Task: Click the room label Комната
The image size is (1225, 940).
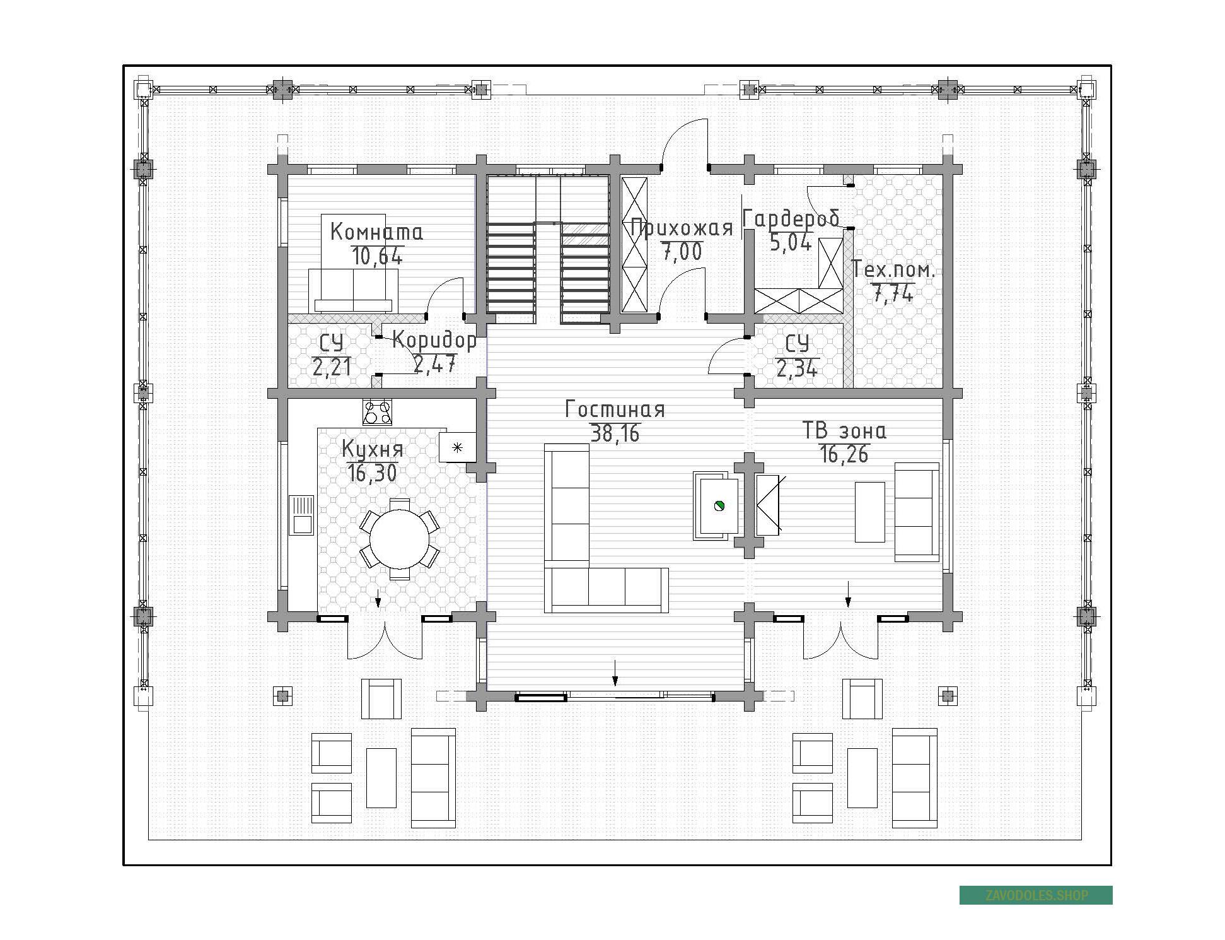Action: pyautogui.click(x=376, y=232)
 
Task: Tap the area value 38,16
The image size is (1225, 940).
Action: pyautogui.click(x=615, y=433)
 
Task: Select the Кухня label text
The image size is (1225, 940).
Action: pyautogui.click(x=372, y=449)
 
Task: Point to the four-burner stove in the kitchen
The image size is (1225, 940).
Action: pyautogui.click(x=377, y=412)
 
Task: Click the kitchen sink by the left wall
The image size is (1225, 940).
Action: pyautogui.click(x=301, y=515)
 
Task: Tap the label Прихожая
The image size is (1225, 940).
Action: pyautogui.click(x=682, y=227)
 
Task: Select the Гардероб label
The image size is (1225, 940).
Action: pyautogui.click(x=791, y=218)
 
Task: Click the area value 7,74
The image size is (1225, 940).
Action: pyautogui.click(x=893, y=293)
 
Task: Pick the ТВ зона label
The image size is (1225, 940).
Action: pyautogui.click(x=844, y=431)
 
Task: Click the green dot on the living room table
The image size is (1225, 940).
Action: pyautogui.click(x=719, y=505)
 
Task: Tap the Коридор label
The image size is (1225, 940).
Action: pyautogui.click(x=434, y=341)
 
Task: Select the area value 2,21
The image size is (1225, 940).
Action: pyautogui.click(x=332, y=367)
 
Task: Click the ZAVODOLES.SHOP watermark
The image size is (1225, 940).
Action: pyautogui.click(x=1036, y=895)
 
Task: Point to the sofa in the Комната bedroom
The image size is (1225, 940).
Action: pyautogui.click(x=353, y=291)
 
